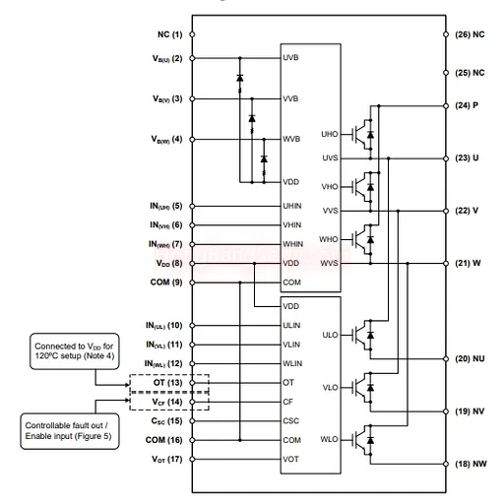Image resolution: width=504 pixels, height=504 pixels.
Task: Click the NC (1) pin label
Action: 169,34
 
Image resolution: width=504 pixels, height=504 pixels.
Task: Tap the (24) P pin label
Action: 467,105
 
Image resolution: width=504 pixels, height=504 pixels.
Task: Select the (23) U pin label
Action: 467,158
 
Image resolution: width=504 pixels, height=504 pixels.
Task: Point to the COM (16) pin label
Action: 163,440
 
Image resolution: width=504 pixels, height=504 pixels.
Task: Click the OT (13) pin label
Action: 167,383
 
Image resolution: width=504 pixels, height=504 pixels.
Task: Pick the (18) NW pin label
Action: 471,464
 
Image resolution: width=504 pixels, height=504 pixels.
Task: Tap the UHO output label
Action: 330,134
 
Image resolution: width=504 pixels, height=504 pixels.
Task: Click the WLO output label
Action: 329,439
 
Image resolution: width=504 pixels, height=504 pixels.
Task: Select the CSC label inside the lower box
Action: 291,421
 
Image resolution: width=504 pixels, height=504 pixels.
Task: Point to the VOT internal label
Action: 290,459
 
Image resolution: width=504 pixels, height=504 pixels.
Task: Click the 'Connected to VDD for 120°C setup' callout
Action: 75,351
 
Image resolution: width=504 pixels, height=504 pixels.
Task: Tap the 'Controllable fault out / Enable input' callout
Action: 70,431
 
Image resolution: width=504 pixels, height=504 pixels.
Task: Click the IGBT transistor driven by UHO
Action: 363,135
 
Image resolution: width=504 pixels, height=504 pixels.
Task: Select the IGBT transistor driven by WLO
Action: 363,440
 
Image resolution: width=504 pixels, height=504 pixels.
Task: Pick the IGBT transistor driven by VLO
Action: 363,388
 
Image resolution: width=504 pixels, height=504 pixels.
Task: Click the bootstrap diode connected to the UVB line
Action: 240,78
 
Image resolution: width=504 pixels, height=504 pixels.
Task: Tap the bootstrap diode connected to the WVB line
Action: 264,159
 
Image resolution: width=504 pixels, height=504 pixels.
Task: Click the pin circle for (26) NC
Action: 446,34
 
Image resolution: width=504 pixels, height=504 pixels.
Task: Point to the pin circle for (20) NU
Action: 446,359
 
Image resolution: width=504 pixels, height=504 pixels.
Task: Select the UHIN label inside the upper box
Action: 292,206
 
